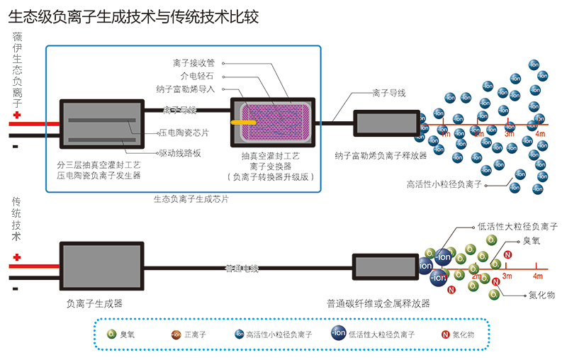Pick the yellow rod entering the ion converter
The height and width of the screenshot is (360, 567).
[245, 122]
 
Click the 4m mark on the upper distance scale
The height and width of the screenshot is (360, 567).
[540, 133]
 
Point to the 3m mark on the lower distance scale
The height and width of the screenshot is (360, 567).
[507, 276]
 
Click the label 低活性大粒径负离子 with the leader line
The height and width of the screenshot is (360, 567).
[518, 227]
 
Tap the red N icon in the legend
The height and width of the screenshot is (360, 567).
[444, 334]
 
